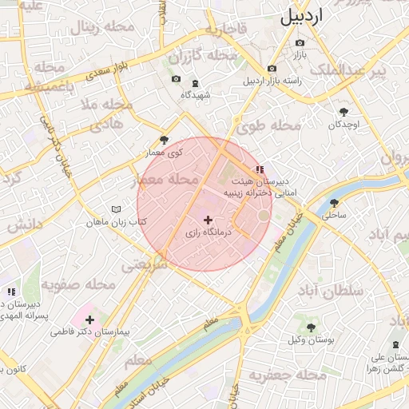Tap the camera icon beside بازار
pos(300,42)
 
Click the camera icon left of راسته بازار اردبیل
pos(272,69)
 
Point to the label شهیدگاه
pos(196,95)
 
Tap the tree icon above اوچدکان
pos(344,112)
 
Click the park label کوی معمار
pos(165,151)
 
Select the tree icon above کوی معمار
pos(165,139)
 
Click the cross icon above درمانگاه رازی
pos(208,220)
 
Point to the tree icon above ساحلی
pos(334,203)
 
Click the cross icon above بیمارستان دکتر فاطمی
pos(89,320)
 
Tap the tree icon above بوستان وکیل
pos(311,328)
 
